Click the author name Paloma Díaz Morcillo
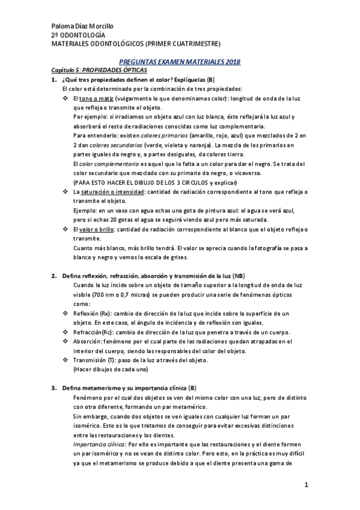point(82,26)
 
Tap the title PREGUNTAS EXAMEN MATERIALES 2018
point(180,62)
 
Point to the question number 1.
point(53,79)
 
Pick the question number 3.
point(53,388)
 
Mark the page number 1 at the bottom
point(306,485)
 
